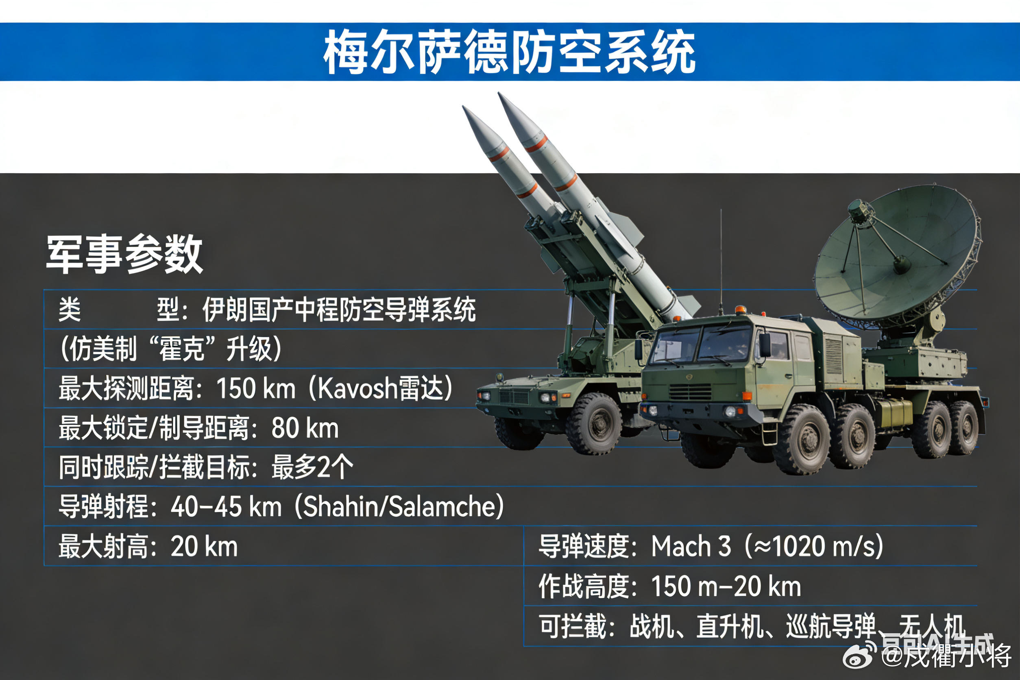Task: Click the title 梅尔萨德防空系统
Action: coord(510,52)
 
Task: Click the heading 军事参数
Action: coord(124,255)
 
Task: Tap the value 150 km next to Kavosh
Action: coord(255,388)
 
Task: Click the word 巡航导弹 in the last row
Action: coord(830,626)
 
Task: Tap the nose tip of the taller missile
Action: coord(500,94)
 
